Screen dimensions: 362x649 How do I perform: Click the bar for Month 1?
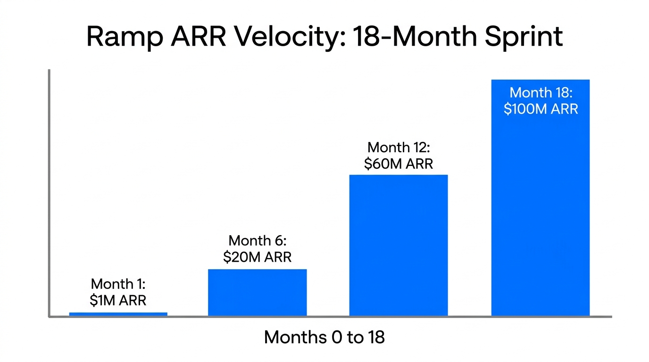point(118,314)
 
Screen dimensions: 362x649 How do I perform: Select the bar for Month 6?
point(257,292)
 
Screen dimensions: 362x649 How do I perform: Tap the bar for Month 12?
point(398,245)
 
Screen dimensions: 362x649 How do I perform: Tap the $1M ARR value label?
point(118,300)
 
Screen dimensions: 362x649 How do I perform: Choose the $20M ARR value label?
point(257,257)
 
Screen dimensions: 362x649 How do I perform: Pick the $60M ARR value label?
point(399,164)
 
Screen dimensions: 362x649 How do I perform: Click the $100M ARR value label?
point(541,109)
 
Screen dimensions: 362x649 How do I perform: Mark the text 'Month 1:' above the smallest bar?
point(118,284)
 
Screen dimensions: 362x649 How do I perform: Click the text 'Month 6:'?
point(257,241)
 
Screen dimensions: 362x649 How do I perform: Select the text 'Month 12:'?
point(399,148)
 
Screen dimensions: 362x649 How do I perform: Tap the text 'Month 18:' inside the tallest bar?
point(541,92)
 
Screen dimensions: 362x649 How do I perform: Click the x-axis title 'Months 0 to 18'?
point(324,337)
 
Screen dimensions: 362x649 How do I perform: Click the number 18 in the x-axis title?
point(375,337)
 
